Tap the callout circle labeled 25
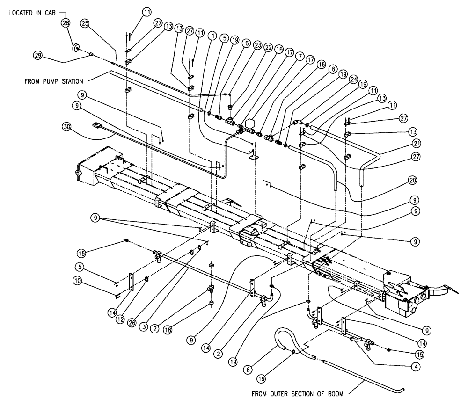click(x=85, y=23)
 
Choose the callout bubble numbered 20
click(x=412, y=180)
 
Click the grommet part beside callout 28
click(x=74, y=48)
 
